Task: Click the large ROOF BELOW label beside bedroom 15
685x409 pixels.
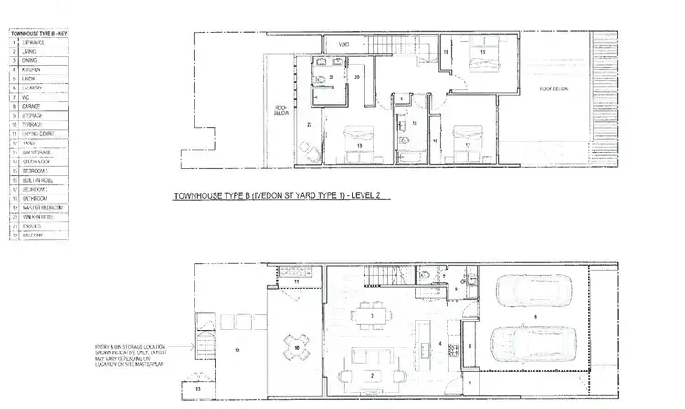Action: [553, 89]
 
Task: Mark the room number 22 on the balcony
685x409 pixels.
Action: [310, 122]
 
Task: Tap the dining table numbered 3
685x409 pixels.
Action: [373, 315]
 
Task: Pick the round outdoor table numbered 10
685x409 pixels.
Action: [295, 348]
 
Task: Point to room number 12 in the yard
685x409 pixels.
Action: [237, 350]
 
